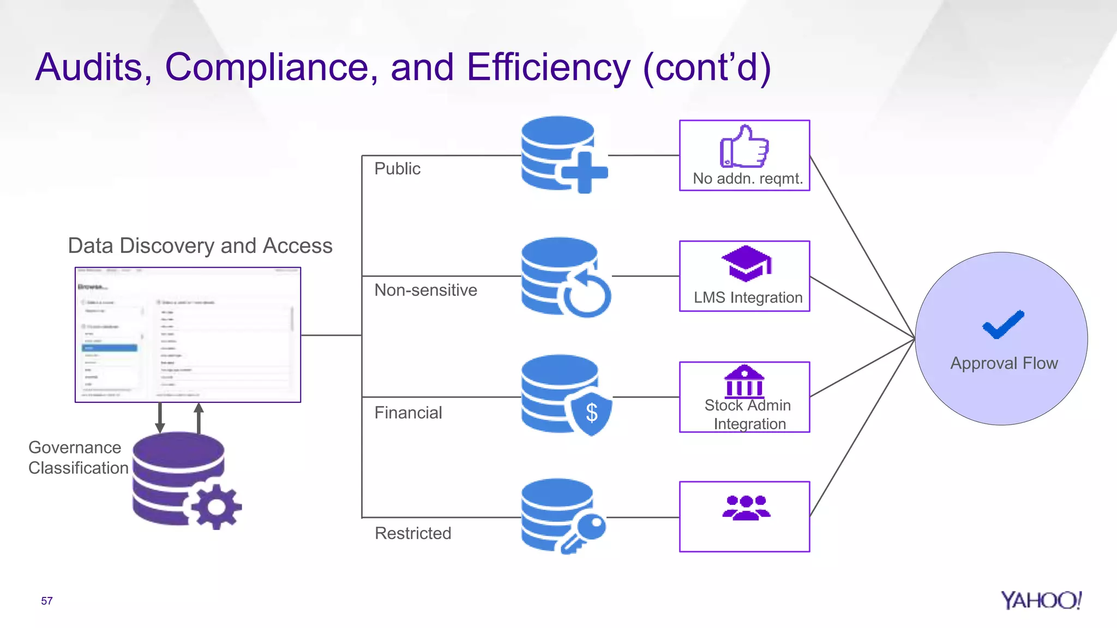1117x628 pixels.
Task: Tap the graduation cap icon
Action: click(746, 263)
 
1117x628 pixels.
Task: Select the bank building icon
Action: click(744, 381)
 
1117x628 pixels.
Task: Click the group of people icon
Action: click(746, 508)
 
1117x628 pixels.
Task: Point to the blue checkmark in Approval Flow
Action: click(1002, 325)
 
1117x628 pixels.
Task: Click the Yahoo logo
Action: click(1041, 600)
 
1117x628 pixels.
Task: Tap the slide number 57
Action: click(47, 601)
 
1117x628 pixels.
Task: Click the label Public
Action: click(397, 168)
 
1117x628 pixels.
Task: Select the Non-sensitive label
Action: click(425, 290)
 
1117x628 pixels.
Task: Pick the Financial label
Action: click(408, 413)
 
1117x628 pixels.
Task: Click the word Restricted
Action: click(413, 533)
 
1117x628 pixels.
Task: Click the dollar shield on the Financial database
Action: click(591, 413)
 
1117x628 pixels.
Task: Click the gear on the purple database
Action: click(216, 506)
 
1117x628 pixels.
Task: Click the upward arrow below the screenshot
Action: click(199, 418)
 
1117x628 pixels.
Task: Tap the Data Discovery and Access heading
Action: click(200, 246)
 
